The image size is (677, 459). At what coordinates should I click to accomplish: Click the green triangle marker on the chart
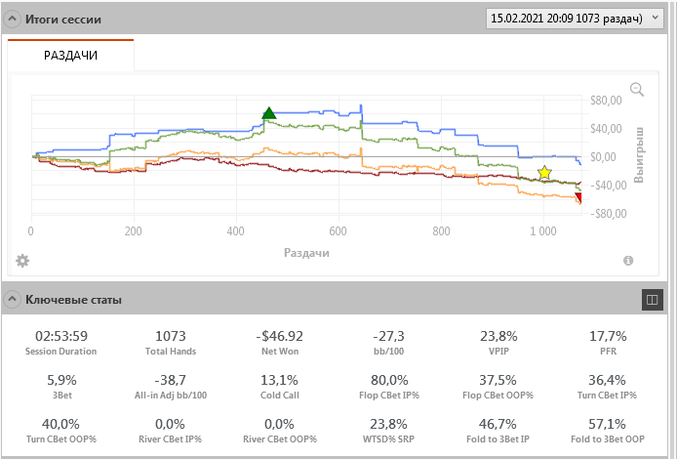(x=269, y=113)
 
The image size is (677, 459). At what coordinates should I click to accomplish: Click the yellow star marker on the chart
(x=544, y=173)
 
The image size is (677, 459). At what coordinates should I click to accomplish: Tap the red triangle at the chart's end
(x=578, y=198)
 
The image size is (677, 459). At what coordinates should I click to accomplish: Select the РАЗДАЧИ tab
(x=70, y=56)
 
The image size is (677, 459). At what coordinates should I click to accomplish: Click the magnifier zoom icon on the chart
(x=637, y=90)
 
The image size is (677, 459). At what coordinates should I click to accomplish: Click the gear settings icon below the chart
(x=22, y=260)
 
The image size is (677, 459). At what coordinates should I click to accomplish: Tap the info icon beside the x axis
(x=628, y=260)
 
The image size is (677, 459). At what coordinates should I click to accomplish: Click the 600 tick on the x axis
(x=338, y=231)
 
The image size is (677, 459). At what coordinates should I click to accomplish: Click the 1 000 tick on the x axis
(x=544, y=231)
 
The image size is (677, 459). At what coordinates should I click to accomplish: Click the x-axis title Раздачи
(x=306, y=252)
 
